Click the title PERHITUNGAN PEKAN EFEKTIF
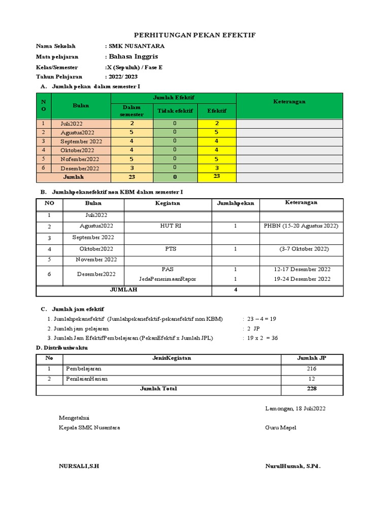coord(194,35)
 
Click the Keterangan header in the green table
coord(289,101)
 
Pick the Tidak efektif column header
coord(174,110)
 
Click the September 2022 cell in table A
coord(81,141)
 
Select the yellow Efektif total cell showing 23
coord(217,176)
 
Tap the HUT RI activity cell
coord(168,226)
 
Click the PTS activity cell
coord(168,249)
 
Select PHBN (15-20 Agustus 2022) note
coord(301,226)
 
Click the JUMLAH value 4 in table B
coord(235,290)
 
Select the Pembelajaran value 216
coord(311,368)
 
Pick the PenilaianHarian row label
coord(87,379)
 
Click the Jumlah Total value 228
coord(311,389)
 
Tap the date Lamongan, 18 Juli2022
coord(295,408)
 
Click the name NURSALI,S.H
coord(79,466)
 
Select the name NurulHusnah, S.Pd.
coord(293,466)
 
